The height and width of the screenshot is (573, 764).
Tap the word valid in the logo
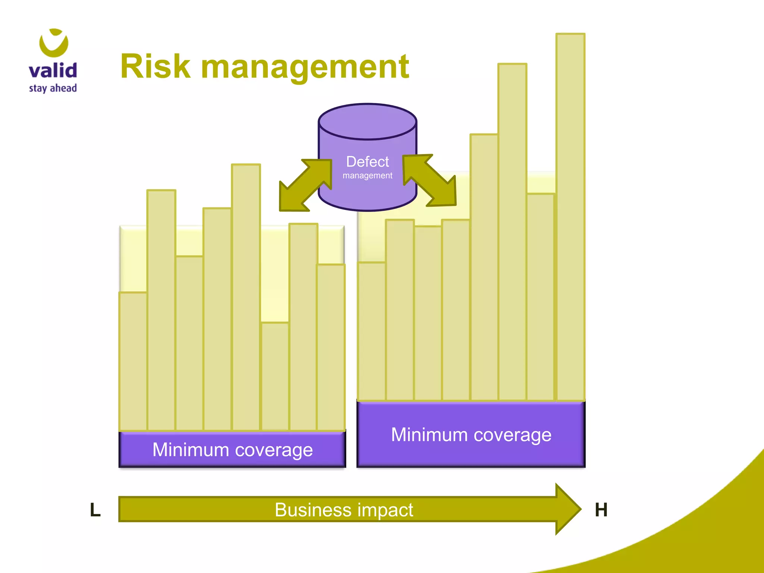click(x=53, y=71)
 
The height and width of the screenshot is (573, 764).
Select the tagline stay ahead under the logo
click(x=53, y=88)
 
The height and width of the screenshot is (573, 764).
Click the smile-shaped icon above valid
click(x=54, y=43)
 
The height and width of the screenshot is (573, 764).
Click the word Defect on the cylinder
click(x=367, y=162)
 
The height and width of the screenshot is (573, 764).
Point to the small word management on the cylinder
click(x=367, y=175)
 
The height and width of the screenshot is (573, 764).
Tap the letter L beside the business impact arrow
click(x=95, y=510)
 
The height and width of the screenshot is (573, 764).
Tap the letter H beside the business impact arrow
click(x=601, y=510)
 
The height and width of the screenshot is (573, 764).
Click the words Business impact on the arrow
click(x=344, y=510)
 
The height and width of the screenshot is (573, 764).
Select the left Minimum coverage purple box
click(x=232, y=449)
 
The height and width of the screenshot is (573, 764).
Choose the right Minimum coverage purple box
click(x=471, y=434)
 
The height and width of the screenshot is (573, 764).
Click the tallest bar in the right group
click(x=570, y=216)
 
